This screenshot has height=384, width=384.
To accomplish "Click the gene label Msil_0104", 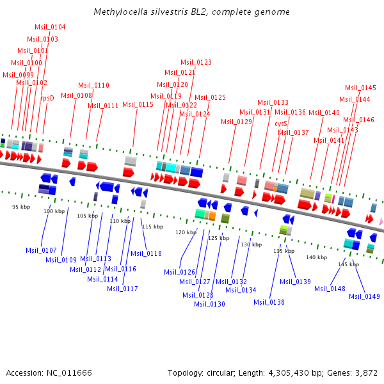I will coord(50,27).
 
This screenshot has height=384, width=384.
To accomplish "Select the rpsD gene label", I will coord(47,99).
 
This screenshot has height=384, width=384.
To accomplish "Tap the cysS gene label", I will coord(281,124).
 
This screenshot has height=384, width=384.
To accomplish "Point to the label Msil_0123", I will coord(196,62).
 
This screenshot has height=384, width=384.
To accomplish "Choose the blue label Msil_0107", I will coord(41,250).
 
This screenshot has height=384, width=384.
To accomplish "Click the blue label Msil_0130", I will coord(210,304).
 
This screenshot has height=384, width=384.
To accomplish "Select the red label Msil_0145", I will coord(360,88).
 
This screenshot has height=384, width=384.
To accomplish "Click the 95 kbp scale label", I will coord(21,207).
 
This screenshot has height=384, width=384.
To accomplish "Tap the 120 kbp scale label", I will coord(186,232).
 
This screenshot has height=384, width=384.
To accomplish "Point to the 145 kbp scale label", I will coord(349,264).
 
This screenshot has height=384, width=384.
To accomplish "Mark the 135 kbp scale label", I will coord(284,251).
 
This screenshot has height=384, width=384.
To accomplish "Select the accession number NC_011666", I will coord(69,372).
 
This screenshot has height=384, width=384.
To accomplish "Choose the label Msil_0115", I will coord(138,104).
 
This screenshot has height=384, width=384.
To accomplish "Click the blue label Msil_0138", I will coord(269,302).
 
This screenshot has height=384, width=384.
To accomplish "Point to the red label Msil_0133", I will coord(273,102).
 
